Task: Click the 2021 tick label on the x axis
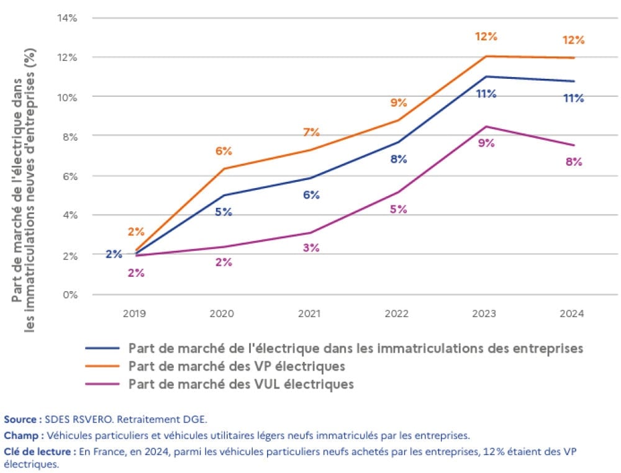[310, 314]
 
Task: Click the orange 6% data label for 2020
[224, 151]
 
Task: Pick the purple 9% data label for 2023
[486, 143]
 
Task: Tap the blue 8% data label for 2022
[398, 160]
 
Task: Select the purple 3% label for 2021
[310, 248]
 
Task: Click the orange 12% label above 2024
[573, 40]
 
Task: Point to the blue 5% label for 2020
[224, 212]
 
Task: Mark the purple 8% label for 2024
[573, 162]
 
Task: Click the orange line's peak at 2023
[485, 56]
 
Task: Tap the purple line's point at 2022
[398, 192]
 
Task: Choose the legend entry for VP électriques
[237, 366]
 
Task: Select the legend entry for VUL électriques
[241, 384]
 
